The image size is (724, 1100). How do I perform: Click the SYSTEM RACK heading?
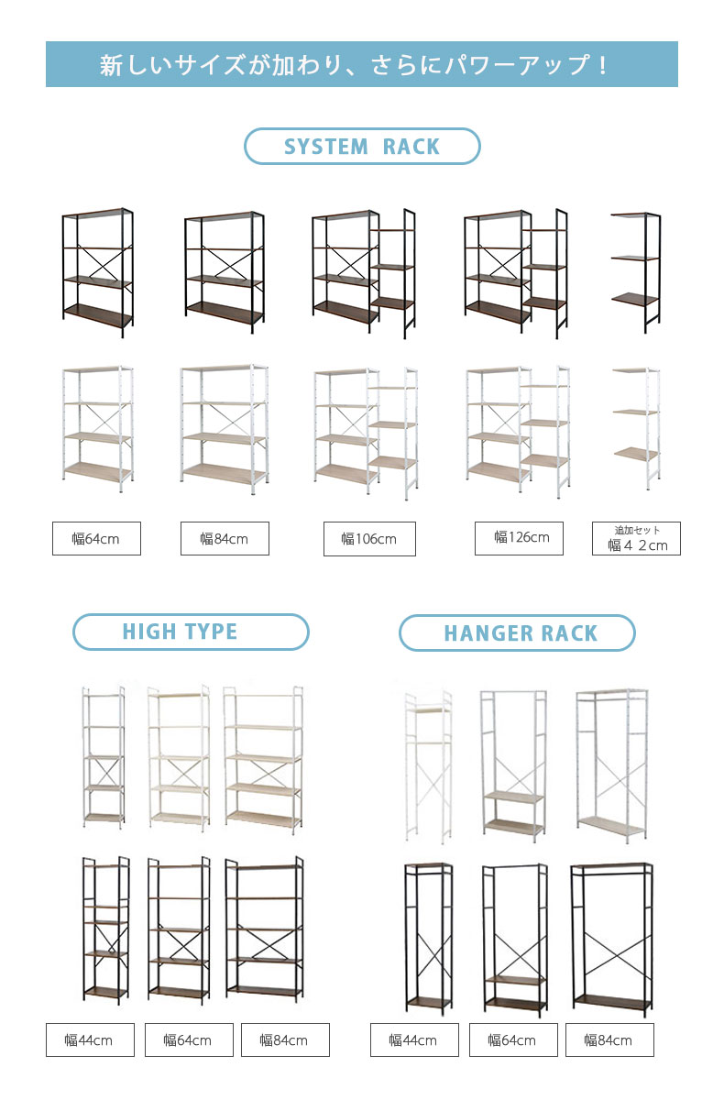click(362, 147)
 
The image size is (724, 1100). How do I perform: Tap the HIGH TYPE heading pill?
click(191, 632)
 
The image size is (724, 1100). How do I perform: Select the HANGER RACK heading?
click(517, 632)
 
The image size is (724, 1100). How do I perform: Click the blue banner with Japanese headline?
click(362, 64)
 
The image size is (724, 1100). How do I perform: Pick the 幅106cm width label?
click(369, 539)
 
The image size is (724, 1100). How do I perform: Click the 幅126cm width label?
click(519, 538)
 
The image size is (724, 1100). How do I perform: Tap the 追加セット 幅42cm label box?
click(636, 538)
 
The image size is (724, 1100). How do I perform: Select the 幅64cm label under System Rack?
click(97, 538)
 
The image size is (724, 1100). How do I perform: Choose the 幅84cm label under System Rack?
click(225, 538)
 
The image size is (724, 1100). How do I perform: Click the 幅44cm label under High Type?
click(90, 1039)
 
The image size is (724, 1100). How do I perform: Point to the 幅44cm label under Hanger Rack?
click(414, 1039)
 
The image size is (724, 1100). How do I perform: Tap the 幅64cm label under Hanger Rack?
click(513, 1039)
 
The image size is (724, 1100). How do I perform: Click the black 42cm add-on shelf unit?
click(636, 273)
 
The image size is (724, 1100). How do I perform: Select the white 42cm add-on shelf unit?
click(637, 428)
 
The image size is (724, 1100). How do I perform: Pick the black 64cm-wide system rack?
click(98, 272)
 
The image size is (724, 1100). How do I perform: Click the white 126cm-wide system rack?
click(518, 432)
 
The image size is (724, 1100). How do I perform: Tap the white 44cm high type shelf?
click(104, 757)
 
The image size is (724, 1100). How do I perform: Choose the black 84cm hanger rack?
click(611, 939)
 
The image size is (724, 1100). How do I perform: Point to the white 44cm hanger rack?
click(428, 767)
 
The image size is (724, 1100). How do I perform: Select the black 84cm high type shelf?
click(264, 929)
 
